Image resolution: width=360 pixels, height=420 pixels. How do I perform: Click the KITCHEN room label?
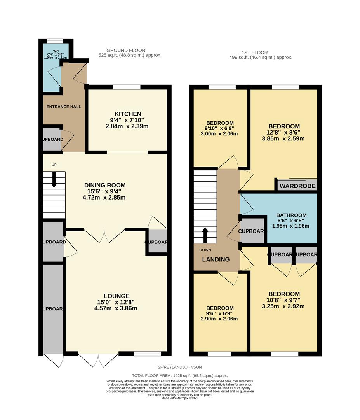click(x=127, y=114)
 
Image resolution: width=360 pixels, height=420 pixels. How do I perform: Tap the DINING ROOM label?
click(x=105, y=185)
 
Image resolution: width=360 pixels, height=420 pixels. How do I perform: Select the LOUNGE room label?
click(x=117, y=296)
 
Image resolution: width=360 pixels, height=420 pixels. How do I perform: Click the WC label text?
click(x=56, y=51)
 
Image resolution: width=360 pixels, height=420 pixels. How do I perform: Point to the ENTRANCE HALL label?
click(x=64, y=107)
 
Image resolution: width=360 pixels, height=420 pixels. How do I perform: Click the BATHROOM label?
click(x=291, y=215)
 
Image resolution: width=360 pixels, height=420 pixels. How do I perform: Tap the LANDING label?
click(x=216, y=259)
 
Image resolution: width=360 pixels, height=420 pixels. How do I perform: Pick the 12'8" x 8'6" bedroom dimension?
click(x=284, y=133)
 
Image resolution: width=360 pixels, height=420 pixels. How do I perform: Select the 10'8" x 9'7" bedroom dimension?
click(x=284, y=300)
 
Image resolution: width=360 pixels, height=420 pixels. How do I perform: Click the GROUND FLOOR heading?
click(x=126, y=50)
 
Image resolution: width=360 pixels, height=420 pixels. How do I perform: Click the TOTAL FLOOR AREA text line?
click(x=179, y=376)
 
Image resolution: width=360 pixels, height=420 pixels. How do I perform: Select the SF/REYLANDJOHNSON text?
click(x=179, y=367)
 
